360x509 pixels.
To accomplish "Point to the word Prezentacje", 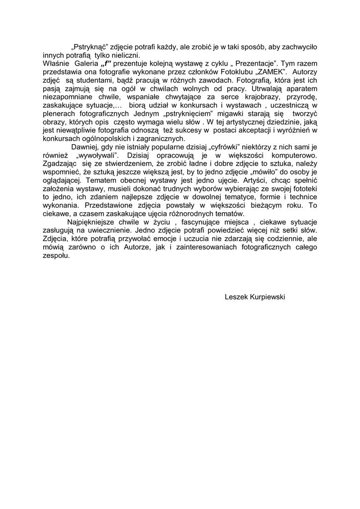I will pos(253,64).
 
